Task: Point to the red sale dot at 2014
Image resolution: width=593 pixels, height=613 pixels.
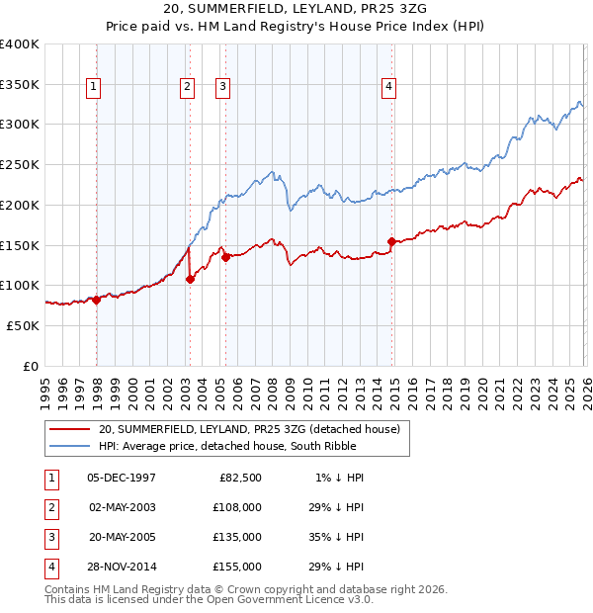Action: click(392, 241)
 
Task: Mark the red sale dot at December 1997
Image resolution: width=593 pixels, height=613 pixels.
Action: click(97, 300)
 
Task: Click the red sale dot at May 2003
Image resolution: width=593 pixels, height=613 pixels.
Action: click(191, 279)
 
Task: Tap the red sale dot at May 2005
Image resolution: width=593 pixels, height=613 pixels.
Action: click(225, 257)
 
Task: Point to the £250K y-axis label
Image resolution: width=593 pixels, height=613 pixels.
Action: click(20, 164)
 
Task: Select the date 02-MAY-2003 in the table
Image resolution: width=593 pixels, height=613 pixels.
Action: click(122, 507)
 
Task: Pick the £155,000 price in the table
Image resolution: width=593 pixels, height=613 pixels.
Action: click(238, 567)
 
